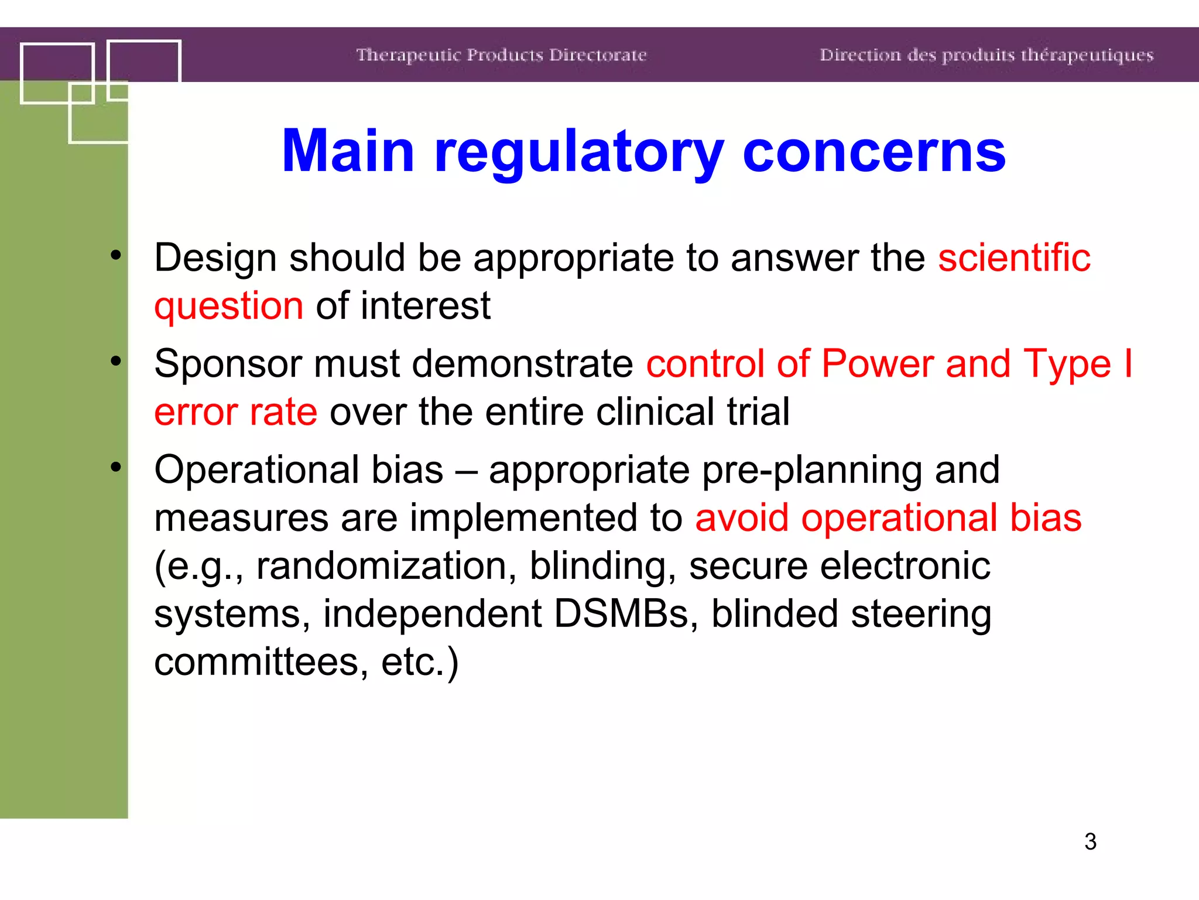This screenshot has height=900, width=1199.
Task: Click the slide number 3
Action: [1090, 841]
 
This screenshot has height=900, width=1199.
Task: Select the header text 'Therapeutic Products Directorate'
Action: [502, 54]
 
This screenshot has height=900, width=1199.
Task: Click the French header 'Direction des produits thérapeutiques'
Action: [986, 54]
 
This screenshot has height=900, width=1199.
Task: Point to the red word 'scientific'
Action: [1014, 258]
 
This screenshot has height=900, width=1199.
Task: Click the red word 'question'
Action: [228, 306]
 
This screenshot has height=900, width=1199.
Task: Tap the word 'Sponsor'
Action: [228, 364]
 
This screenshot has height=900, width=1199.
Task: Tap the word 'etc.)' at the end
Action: [420, 662]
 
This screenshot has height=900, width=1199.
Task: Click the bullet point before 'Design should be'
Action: [116, 255]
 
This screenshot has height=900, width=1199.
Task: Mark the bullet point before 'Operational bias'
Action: [116, 467]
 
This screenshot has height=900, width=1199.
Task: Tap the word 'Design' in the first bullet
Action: [215, 258]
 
